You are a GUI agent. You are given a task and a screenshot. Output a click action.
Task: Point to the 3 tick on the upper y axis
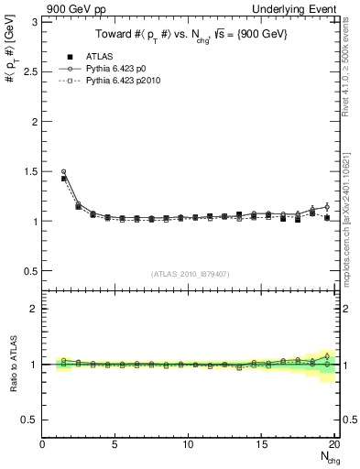[35, 21]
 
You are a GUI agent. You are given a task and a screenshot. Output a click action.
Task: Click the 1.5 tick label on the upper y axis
[30, 171]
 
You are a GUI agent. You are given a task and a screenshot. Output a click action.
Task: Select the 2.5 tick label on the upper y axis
[30, 71]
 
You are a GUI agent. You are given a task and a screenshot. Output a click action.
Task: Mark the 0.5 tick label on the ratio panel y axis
[30, 420]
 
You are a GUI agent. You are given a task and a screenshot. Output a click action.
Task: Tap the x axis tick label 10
[188, 445]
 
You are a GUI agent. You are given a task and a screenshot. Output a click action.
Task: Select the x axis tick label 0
[43, 445]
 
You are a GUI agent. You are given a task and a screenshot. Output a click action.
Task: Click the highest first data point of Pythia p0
[63, 171]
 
